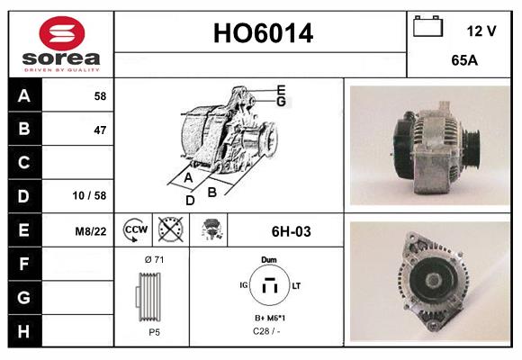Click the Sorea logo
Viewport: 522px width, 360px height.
click(x=61, y=45)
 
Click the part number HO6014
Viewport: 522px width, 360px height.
click(x=263, y=34)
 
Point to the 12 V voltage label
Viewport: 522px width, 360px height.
click(x=481, y=31)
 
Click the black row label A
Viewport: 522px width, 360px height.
click(x=23, y=96)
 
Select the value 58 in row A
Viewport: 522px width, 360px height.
click(x=99, y=96)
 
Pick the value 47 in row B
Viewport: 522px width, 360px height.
click(x=99, y=130)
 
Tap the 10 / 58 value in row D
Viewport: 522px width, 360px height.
click(x=93, y=195)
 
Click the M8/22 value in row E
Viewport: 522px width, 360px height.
click(x=92, y=231)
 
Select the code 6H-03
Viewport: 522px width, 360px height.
click(x=291, y=231)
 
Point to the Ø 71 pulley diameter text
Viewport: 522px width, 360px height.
click(x=154, y=259)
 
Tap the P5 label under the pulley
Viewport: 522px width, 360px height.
click(x=155, y=332)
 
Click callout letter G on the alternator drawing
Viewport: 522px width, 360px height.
click(x=281, y=102)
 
